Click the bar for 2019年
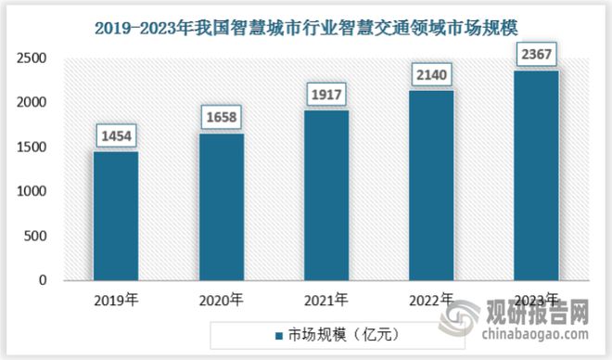click(115, 216)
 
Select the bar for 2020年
click(221, 207)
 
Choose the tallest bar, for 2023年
click(536, 175)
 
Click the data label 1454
click(115, 135)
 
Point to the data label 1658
click(221, 118)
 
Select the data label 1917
click(325, 94)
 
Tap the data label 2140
click(431, 74)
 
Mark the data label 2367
click(536, 54)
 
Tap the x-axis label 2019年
click(115, 299)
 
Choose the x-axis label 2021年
click(325, 299)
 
